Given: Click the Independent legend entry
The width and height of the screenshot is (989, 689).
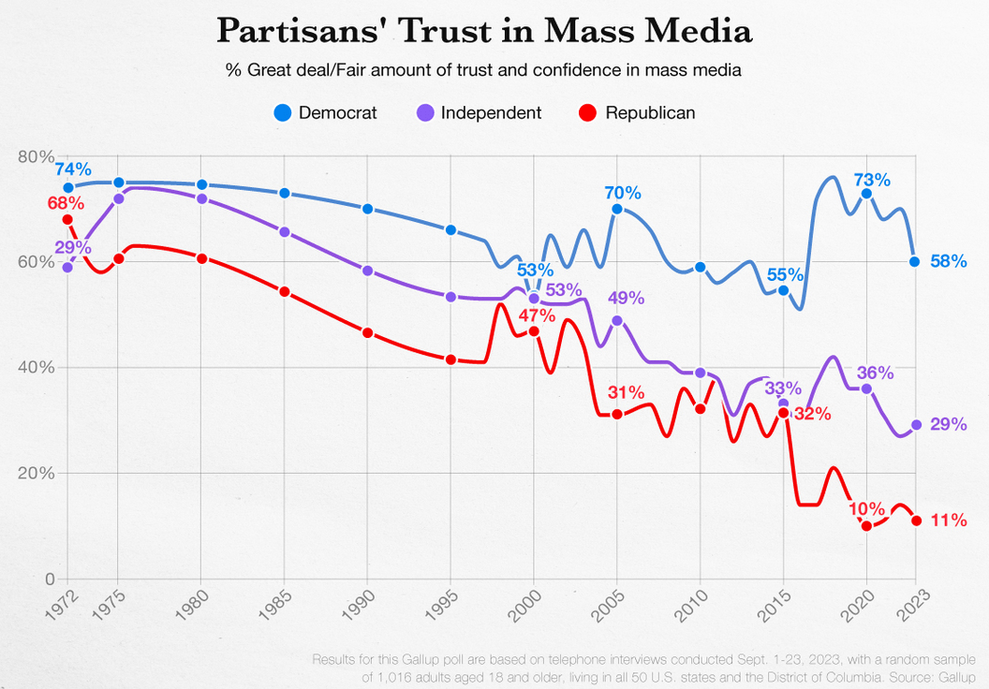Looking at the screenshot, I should [x=478, y=113].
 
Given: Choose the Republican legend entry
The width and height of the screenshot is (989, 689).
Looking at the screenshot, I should [x=638, y=113].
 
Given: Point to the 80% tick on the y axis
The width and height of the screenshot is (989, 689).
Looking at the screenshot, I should [x=36, y=156].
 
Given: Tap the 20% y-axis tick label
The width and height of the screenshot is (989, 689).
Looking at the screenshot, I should [x=36, y=473].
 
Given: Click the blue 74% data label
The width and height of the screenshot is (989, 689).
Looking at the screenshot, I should [x=73, y=169].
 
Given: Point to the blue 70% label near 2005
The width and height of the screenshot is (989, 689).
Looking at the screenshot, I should [x=623, y=194].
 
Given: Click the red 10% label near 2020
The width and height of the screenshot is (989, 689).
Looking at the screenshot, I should [x=866, y=508].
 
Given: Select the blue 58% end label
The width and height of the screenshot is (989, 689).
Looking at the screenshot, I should [x=949, y=261].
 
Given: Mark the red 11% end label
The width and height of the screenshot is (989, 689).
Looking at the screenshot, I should [x=949, y=520].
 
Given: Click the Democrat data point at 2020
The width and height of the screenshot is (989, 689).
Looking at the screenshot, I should [x=866, y=194].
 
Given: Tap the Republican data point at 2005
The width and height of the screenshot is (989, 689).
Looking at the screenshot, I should [x=617, y=414].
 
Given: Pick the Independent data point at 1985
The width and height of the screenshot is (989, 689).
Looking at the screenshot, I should [x=285, y=232].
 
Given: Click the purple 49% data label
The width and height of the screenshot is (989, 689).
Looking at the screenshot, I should [x=626, y=298].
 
